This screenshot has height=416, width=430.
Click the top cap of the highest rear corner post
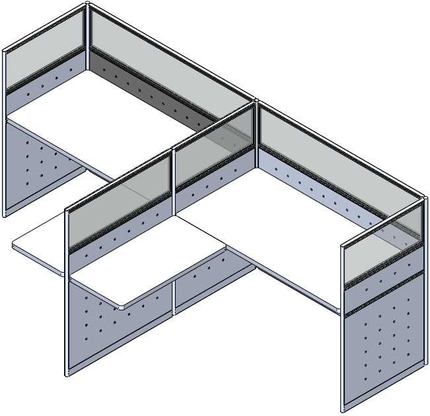(x=88, y=6)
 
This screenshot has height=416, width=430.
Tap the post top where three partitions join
(x=254, y=102)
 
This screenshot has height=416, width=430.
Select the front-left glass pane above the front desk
(x=119, y=205)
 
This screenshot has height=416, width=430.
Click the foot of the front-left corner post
(x=67, y=372)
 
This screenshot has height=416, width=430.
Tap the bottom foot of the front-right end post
(x=343, y=408)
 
